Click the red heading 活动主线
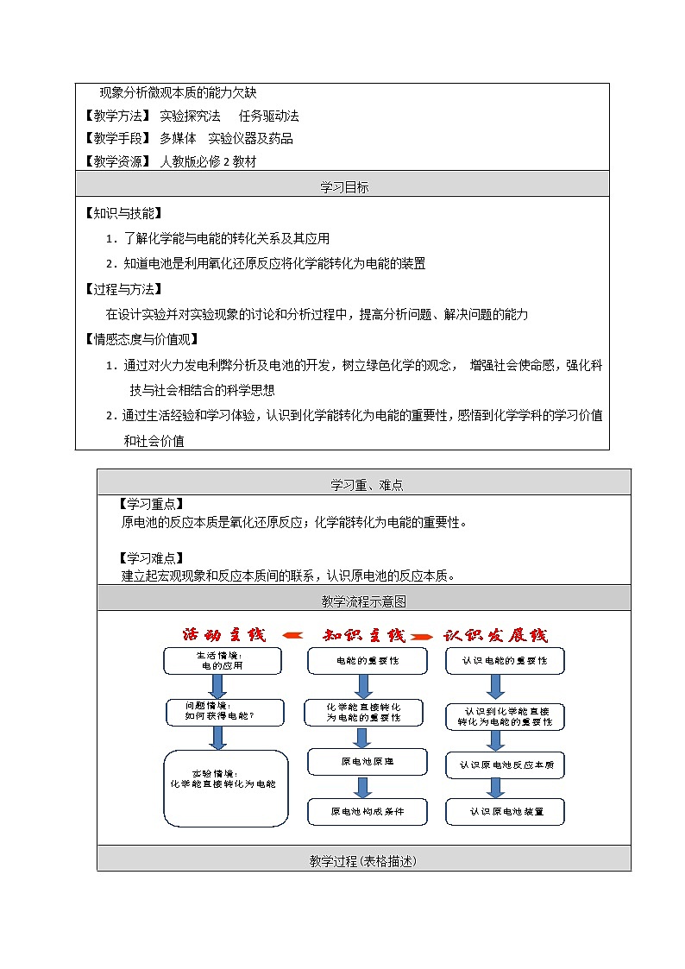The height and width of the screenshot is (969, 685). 224,635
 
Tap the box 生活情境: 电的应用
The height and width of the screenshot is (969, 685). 223,661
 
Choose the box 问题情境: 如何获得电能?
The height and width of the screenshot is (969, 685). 222,711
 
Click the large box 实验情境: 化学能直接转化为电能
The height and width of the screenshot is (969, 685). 225,788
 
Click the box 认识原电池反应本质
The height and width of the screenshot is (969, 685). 506,765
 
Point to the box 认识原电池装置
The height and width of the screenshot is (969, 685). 506,811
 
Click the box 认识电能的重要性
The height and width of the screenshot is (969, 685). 506,661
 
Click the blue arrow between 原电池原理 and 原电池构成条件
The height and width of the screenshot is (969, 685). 363,787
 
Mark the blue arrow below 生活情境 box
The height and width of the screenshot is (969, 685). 217,686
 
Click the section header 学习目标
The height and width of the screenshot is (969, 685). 342,186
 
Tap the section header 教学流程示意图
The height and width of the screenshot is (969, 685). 363,601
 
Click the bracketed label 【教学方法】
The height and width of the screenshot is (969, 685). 116,116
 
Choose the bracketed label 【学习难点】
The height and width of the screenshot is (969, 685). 150,557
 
